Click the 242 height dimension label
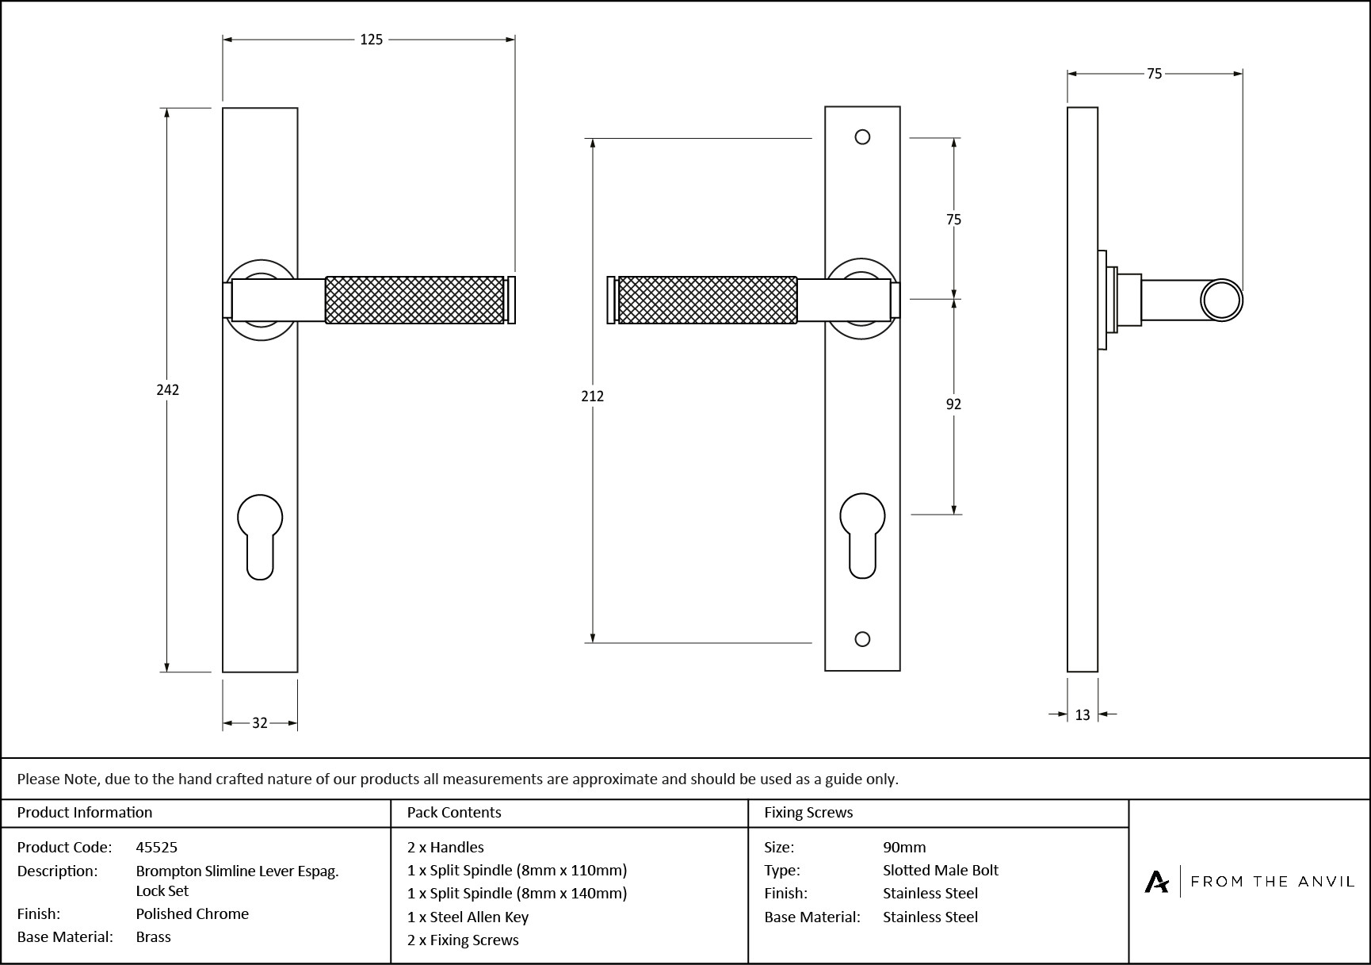click(x=167, y=389)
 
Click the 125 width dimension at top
click(x=371, y=40)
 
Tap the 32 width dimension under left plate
click(x=260, y=723)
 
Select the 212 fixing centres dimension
click(x=592, y=396)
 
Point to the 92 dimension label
click(x=953, y=404)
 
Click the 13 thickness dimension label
click(x=1083, y=715)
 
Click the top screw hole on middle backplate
click(x=862, y=137)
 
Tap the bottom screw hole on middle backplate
click(x=863, y=639)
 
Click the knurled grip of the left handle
click(x=414, y=300)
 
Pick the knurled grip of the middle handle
click(x=707, y=300)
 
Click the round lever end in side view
click(x=1221, y=301)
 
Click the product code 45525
click(x=157, y=847)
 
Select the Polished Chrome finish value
click(x=192, y=913)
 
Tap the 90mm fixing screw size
click(x=904, y=847)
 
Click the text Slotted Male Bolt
click(x=941, y=870)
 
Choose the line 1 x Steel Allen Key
click(x=468, y=917)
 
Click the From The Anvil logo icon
click(x=1156, y=882)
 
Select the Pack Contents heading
click(x=454, y=812)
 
